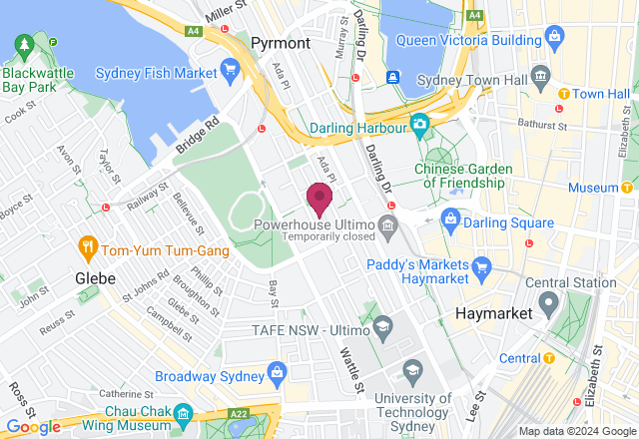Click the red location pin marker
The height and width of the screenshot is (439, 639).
(319, 198)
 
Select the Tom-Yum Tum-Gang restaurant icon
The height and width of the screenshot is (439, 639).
(89, 246)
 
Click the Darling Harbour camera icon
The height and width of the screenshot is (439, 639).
(420, 125)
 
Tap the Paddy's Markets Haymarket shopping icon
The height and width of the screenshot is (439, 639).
(483, 266)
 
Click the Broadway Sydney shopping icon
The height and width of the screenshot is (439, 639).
(277, 373)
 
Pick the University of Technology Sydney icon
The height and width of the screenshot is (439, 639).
(411, 371)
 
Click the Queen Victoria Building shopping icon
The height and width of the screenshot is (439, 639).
(555, 41)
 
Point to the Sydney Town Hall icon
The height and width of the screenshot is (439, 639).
(541, 77)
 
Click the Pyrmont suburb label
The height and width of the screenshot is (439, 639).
(283, 43)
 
